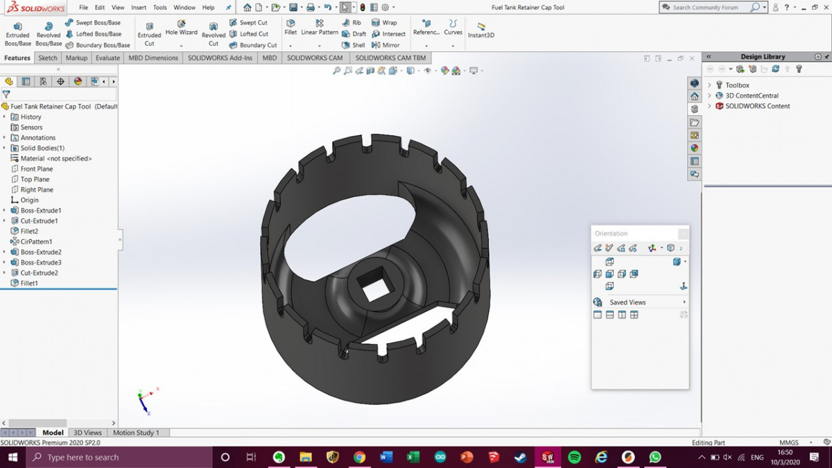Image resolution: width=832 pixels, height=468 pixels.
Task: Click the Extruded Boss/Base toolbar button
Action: pyautogui.click(x=17, y=33)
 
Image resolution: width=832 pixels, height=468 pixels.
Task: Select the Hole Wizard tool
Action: pyautogui.click(x=181, y=29)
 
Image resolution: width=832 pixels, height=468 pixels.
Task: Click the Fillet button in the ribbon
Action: pyautogui.click(x=291, y=28)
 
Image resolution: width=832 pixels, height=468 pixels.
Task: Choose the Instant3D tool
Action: pyautogui.click(x=480, y=31)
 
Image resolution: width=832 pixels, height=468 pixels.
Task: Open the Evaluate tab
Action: pyautogui.click(x=107, y=58)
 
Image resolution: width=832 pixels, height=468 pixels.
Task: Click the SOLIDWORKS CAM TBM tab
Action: pyautogui.click(x=390, y=58)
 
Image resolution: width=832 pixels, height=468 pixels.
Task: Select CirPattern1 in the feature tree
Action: pyautogui.click(x=36, y=242)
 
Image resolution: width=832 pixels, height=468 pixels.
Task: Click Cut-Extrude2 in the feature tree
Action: pyautogui.click(x=39, y=273)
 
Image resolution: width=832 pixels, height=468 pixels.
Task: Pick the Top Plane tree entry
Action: pyautogui.click(x=35, y=180)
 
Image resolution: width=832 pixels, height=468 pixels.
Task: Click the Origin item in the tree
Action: pyautogui.click(x=29, y=200)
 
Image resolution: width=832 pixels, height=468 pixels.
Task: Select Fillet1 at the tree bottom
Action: pyautogui.click(x=29, y=284)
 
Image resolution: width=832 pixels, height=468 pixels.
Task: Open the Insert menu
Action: pyautogui.click(x=139, y=8)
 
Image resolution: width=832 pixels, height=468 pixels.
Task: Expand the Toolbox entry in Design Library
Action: pyautogui.click(x=709, y=85)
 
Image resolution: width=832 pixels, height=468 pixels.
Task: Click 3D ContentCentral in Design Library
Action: pyautogui.click(x=752, y=96)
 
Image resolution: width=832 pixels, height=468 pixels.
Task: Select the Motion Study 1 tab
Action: pyautogui.click(x=136, y=433)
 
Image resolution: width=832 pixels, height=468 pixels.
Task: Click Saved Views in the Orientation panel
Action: pyautogui.click(x=627, y=302)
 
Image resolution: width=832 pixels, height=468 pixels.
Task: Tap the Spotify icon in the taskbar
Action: pyautogui.click(x=574, y=458)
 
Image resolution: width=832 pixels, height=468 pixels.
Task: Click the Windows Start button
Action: pyautogui.click(x=12, y=458)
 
